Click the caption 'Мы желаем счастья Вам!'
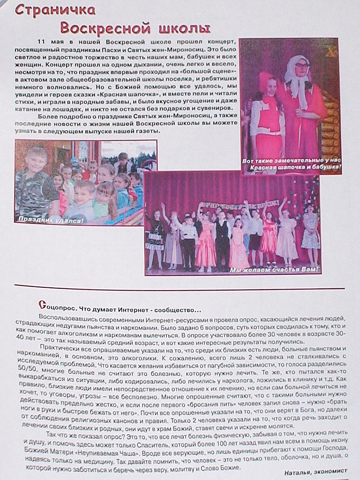(x=274, y=270)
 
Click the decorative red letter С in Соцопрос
(x=42, y=304)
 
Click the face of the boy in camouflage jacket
(x=37, y=162)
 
